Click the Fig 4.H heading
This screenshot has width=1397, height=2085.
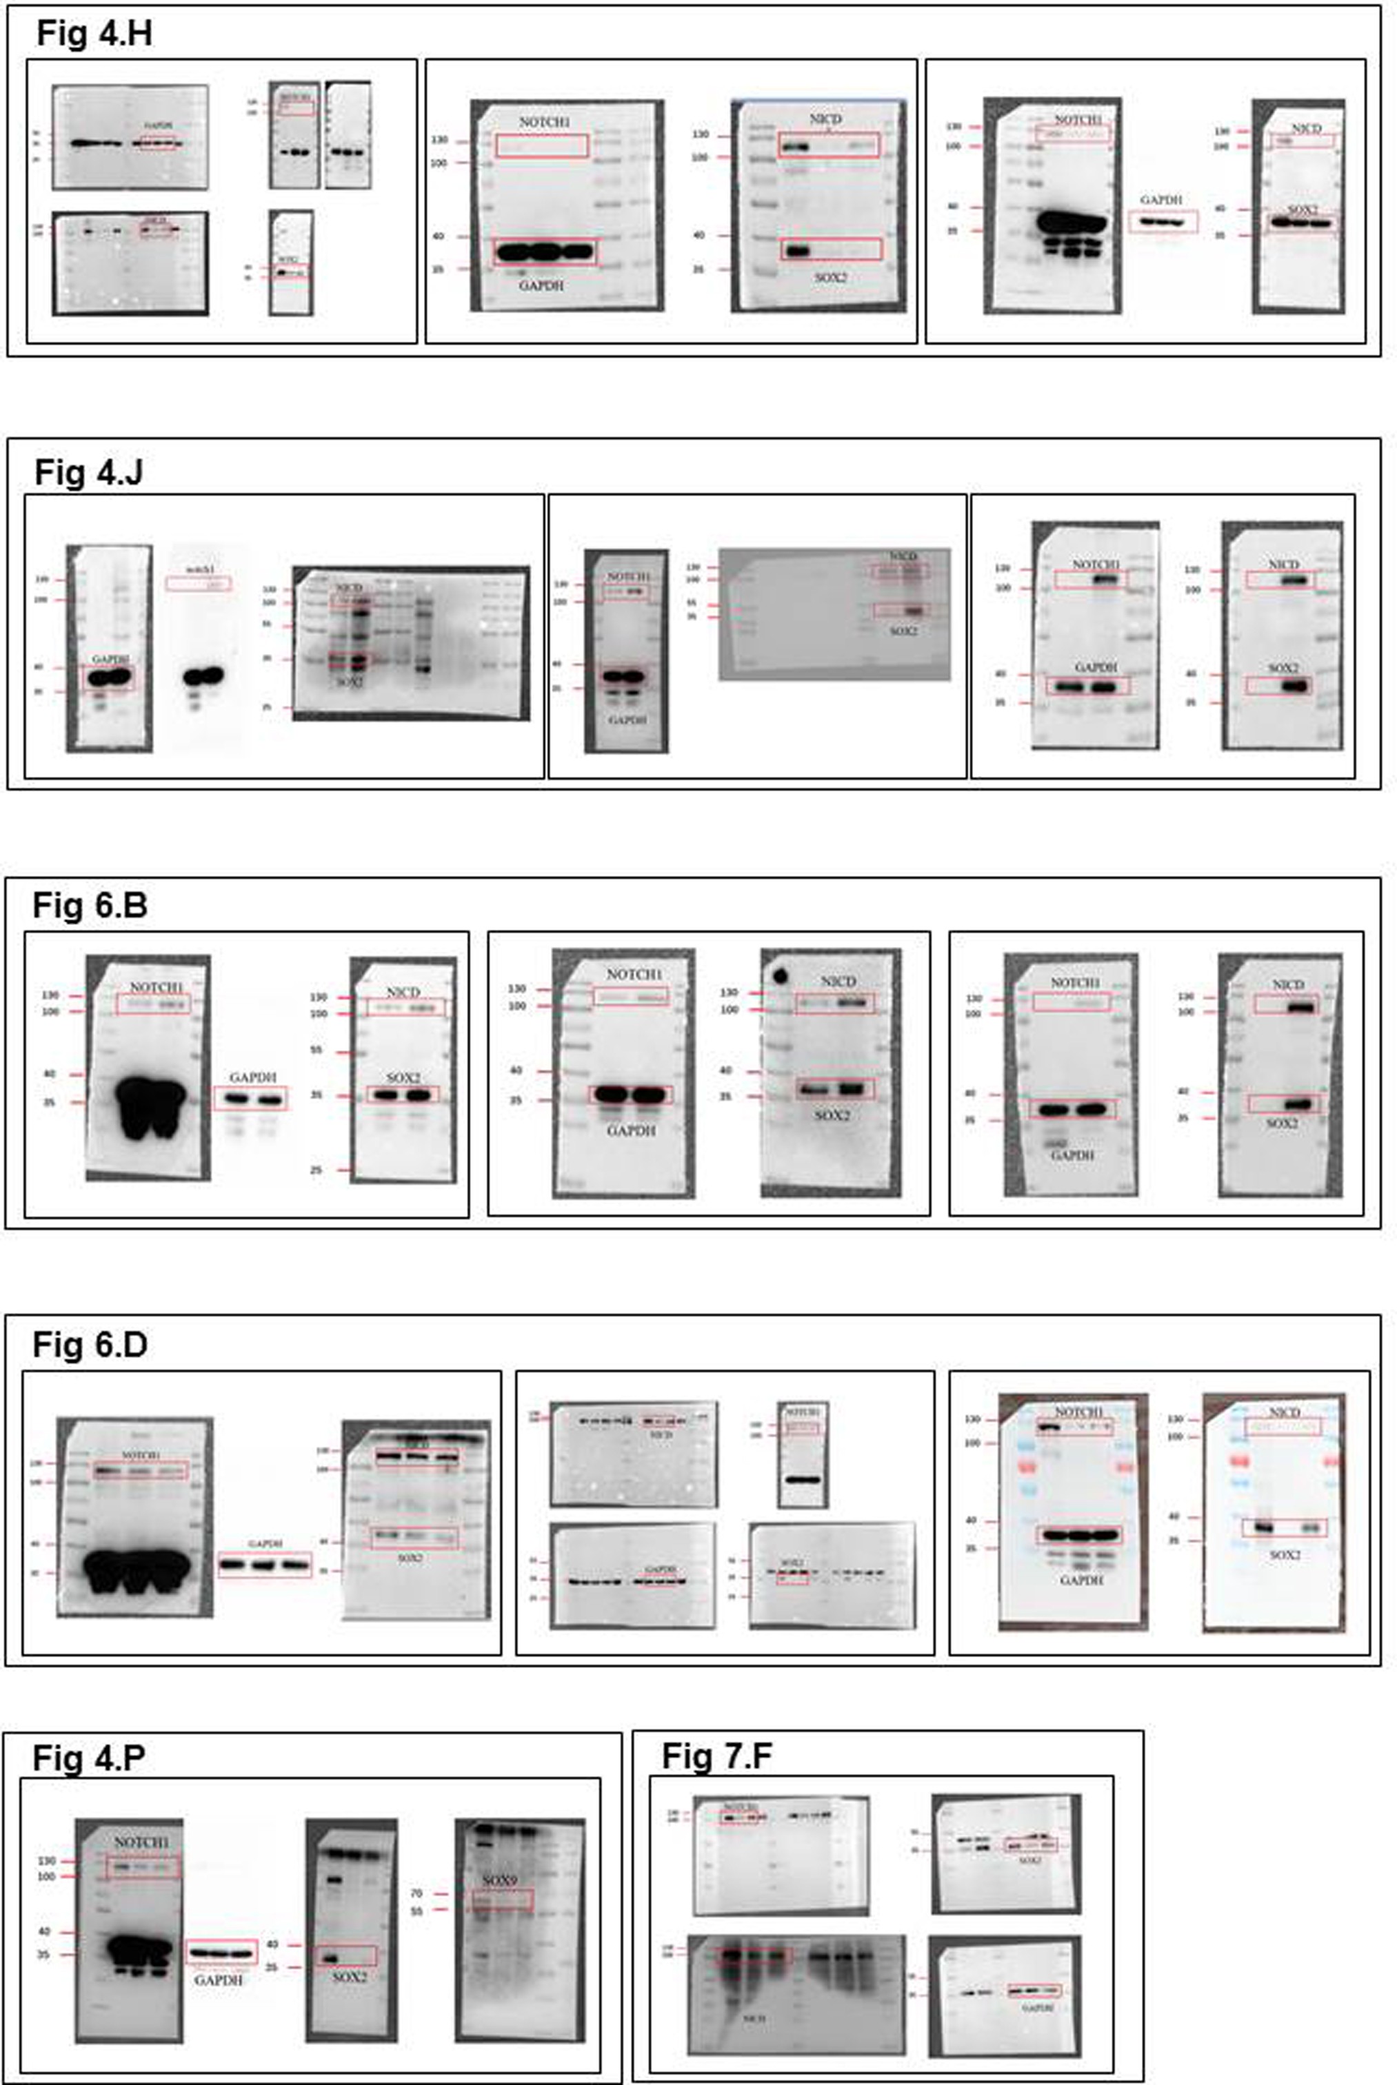(94, 34)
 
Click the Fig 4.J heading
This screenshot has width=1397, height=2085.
(88, 472)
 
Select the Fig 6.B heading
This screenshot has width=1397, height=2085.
(90, 905)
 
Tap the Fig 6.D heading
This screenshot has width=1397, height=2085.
(90, 1344)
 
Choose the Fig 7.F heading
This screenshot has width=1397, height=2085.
(716, 1756)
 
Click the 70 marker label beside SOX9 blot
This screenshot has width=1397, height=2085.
(416, 1893)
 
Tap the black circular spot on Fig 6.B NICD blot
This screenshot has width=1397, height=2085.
(781, 976)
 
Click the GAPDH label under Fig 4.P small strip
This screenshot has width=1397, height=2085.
(219, 1980)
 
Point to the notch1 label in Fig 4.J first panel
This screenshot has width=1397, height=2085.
(197, 568)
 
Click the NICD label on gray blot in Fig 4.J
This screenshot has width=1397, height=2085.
(902, 557)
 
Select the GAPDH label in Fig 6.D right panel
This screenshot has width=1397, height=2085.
(1081, 1580)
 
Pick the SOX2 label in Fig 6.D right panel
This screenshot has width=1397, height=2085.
(1284, 1554)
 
